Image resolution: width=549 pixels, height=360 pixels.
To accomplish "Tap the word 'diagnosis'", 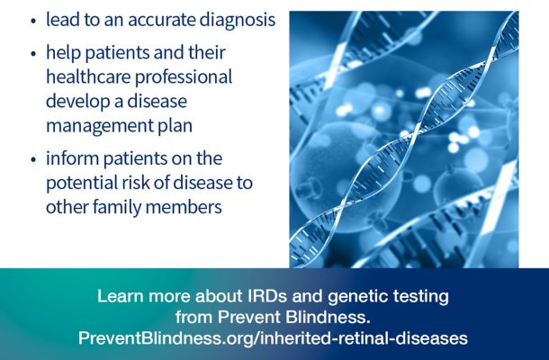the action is [238, 21].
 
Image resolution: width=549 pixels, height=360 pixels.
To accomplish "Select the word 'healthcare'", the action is [88, 76].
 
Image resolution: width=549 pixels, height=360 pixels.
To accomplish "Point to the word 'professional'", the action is [184, 77].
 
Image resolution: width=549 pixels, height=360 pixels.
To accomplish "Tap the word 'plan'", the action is [175, 126].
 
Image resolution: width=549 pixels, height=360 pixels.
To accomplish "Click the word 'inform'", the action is [73, 158].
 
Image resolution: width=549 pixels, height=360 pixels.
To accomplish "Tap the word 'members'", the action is [184, 207].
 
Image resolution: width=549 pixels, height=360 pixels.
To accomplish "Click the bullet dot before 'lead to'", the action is [33, 21].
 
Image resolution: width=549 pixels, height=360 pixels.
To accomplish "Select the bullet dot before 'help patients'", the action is [33, 54].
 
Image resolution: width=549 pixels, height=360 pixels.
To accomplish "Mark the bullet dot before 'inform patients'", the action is [33, 159].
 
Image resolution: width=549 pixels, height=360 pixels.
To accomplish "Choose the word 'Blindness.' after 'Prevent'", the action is [328, 318].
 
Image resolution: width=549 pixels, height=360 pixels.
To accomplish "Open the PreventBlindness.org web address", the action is [273, 338].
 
